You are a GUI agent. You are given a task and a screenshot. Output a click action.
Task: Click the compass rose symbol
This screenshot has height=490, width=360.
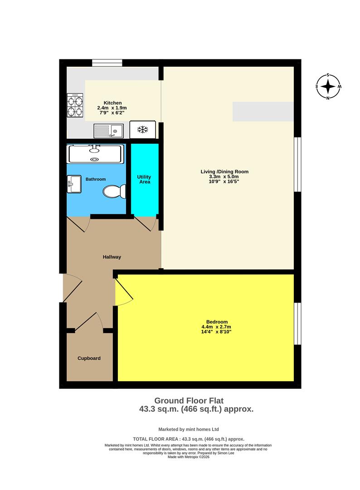pyautogui.click(x=328, y=86)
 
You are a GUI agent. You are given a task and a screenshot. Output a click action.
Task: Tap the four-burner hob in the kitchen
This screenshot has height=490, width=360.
pyautogui.click(x=75, y=105)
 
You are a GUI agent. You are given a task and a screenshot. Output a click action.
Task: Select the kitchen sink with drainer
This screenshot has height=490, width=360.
pyautogui.click(x=109, y=131)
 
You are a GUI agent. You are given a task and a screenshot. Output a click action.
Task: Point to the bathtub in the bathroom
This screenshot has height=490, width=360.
pyautogui.click(x=94, y=154)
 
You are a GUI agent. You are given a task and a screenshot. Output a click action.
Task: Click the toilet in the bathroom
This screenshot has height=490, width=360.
pyautogui.click(x=114, y=192)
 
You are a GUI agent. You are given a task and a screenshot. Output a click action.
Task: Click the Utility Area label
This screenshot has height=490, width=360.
pyautogui.click(x=144, y=179)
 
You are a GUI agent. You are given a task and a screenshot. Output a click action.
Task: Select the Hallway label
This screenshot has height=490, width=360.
pyautogui.click(x=112, y=257)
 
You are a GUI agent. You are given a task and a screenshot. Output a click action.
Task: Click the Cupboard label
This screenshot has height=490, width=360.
pyautogui.click(x=89, y=358)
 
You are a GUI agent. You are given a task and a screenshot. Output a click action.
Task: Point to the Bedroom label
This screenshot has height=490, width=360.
pyautogui.click(x=215, y=322)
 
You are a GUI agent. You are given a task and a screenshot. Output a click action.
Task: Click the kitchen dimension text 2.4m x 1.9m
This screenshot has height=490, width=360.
pyautogui.click(x=112, y=108)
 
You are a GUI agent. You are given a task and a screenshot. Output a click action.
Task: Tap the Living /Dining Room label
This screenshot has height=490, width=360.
pyautogui.click(x=225, y=171)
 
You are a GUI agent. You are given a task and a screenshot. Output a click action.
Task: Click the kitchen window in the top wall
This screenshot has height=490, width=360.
pyautogui.click(x=107, y=63)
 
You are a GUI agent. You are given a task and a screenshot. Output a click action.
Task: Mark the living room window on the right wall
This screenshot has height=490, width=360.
pyautogui.click(x=297, y=164)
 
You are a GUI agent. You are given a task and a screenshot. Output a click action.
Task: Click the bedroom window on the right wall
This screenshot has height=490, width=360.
pyautogui.click(x=297, y=323)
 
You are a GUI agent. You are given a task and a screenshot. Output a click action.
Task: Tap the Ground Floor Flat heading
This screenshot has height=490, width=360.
pyautogui.click(x=189, y=401)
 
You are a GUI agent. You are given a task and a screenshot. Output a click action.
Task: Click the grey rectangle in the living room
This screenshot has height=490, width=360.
pyautogui.click(x=263, y=112)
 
